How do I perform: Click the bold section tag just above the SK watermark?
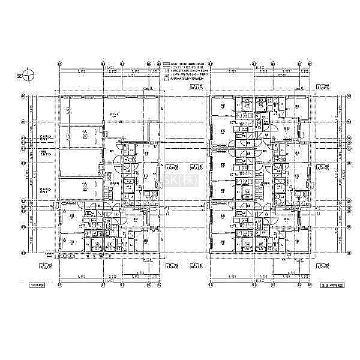172,167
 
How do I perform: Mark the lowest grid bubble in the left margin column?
23,253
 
